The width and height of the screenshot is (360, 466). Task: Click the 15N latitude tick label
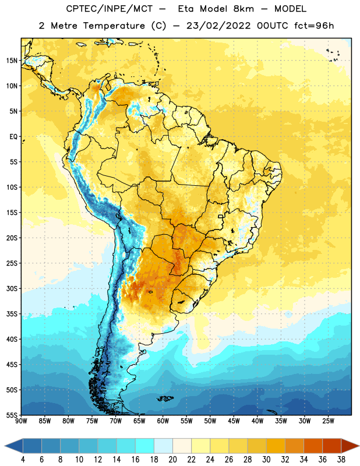click(12, 61)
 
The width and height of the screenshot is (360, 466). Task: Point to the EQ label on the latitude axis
click(13, 137)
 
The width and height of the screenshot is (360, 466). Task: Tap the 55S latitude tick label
click(12, 415)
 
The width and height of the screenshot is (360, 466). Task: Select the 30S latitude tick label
click(12, 288)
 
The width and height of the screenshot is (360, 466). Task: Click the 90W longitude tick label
click(22, 421)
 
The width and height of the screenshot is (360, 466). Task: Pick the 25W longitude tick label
click(328, 421)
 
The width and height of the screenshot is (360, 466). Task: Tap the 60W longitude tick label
click(163, 421)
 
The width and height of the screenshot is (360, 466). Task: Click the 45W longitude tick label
click(234, 421)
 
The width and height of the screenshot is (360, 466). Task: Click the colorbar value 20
click(172, 460)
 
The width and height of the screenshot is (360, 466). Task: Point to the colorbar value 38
click(341, 460)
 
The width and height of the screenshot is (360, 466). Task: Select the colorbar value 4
click(23, 460)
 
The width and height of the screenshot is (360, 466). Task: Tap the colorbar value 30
click(266, 460)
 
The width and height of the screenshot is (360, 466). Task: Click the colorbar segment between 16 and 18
click(145, 446)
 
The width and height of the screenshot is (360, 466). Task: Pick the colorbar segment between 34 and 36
click(313, 446)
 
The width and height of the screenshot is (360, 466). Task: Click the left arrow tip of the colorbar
click(5, 446)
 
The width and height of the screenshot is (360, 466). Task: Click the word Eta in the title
click(186, 9)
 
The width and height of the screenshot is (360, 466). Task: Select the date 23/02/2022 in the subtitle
click(219, 26)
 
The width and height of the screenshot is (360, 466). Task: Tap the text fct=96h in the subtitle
click(314, 26)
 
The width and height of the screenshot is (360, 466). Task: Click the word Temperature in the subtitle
click(114, 26)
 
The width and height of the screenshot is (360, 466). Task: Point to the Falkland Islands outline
click(165, 398)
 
